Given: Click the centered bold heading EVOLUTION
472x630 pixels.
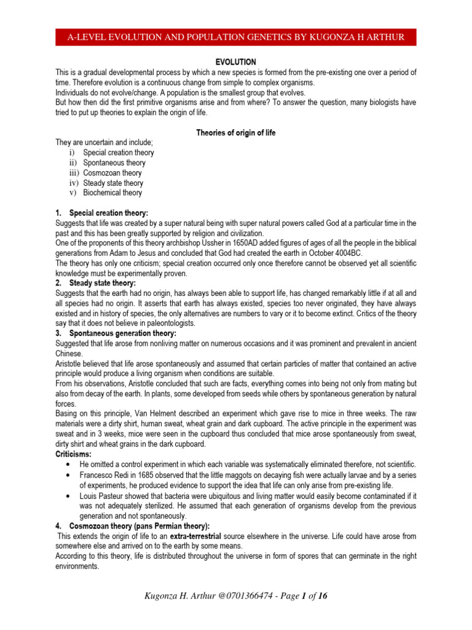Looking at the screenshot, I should click(x=235, y=62).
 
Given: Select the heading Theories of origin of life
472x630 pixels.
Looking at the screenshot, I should click(x=235, y=132).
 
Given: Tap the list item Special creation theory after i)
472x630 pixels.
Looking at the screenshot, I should click(x=119, y=153).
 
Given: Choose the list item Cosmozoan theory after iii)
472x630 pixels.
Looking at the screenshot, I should click(x=112, y=173).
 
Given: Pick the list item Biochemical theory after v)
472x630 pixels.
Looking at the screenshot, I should click(x=112, y=193).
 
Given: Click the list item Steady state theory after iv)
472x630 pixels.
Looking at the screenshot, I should click(x=113, y=183).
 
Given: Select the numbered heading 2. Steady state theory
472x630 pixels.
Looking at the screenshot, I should click(x=99, y=282).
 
